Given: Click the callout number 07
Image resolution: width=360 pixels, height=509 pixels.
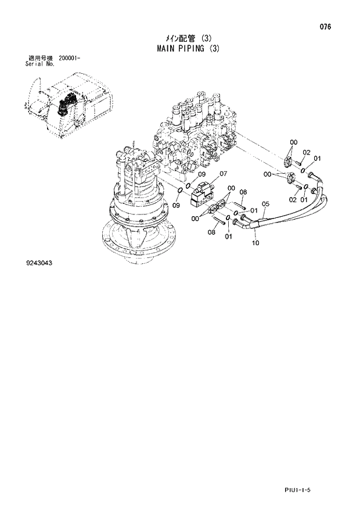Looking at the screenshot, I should pos(223,173).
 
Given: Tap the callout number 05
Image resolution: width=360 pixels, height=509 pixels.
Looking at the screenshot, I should pos(265,203).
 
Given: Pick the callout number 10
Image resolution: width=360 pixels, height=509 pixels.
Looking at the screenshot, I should pos(255,243).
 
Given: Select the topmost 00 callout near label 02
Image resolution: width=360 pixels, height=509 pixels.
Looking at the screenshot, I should pos(293,142).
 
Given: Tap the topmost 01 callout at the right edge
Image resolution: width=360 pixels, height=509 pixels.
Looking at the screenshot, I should pos(317,158).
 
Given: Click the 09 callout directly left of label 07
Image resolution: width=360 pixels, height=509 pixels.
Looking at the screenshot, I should pos(201,174).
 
